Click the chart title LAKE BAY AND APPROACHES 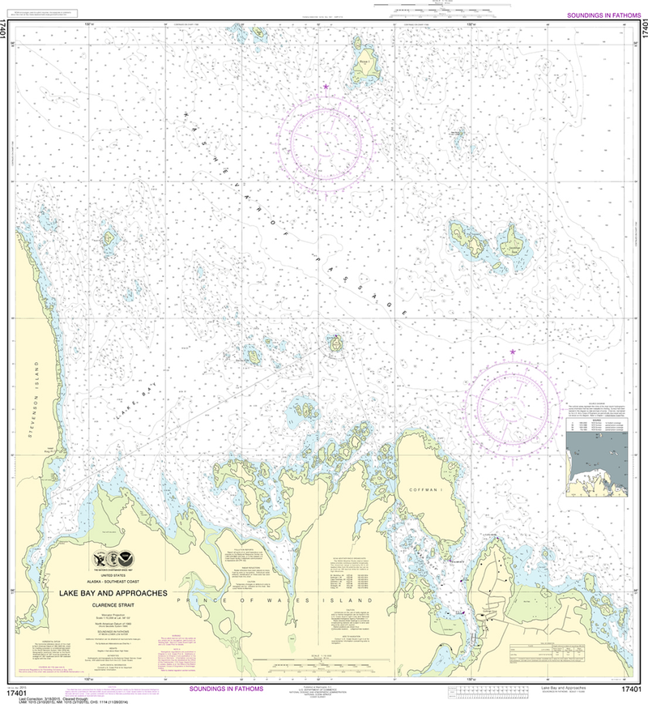click(x=113, y=593)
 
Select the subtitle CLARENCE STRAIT click(x=113, y=603)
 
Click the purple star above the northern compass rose click(x=326, y=86)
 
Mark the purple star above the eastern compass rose click(x=513, y=352)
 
